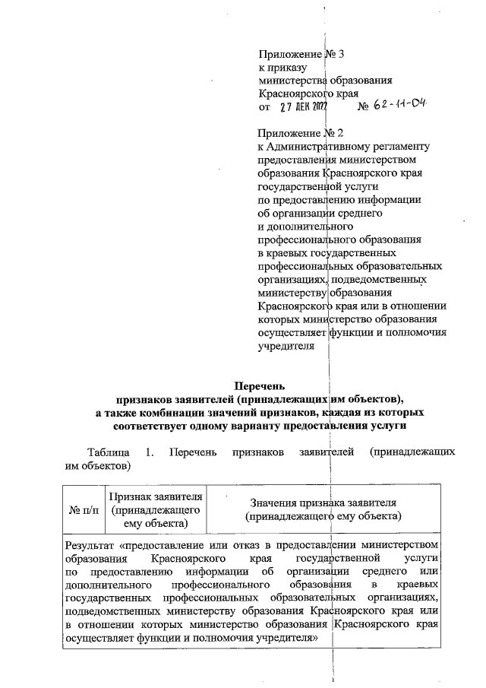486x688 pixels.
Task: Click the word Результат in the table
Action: click(x=90, y=545)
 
